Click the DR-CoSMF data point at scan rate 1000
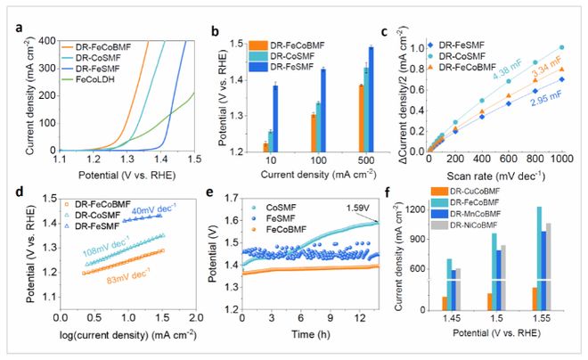pos(560,47)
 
